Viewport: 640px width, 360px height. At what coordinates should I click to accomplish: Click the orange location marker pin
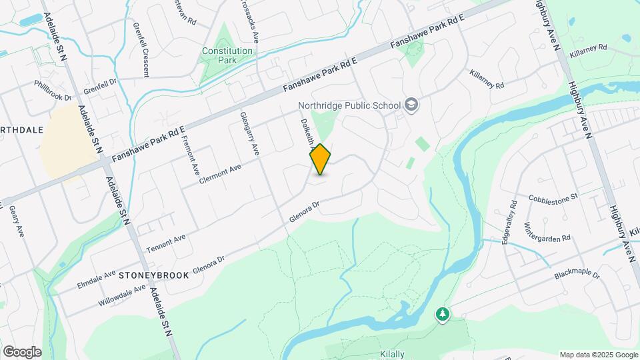click(x=321, y=159)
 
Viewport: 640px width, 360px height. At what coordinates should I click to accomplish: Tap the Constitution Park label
click(x=227, y=55)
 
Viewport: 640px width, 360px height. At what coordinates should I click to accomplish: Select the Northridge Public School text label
click(x=349, y=105)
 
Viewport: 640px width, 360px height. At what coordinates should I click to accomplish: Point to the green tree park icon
click(x=441, y=313)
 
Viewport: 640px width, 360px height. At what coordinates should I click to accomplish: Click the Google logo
click(x=22, y=352)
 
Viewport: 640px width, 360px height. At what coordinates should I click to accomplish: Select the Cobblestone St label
click(x=553, y=198)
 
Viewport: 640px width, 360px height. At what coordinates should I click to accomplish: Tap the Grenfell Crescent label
click(x=145, y=49)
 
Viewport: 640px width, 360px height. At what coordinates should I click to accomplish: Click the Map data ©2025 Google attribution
click(x=598, y=354)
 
